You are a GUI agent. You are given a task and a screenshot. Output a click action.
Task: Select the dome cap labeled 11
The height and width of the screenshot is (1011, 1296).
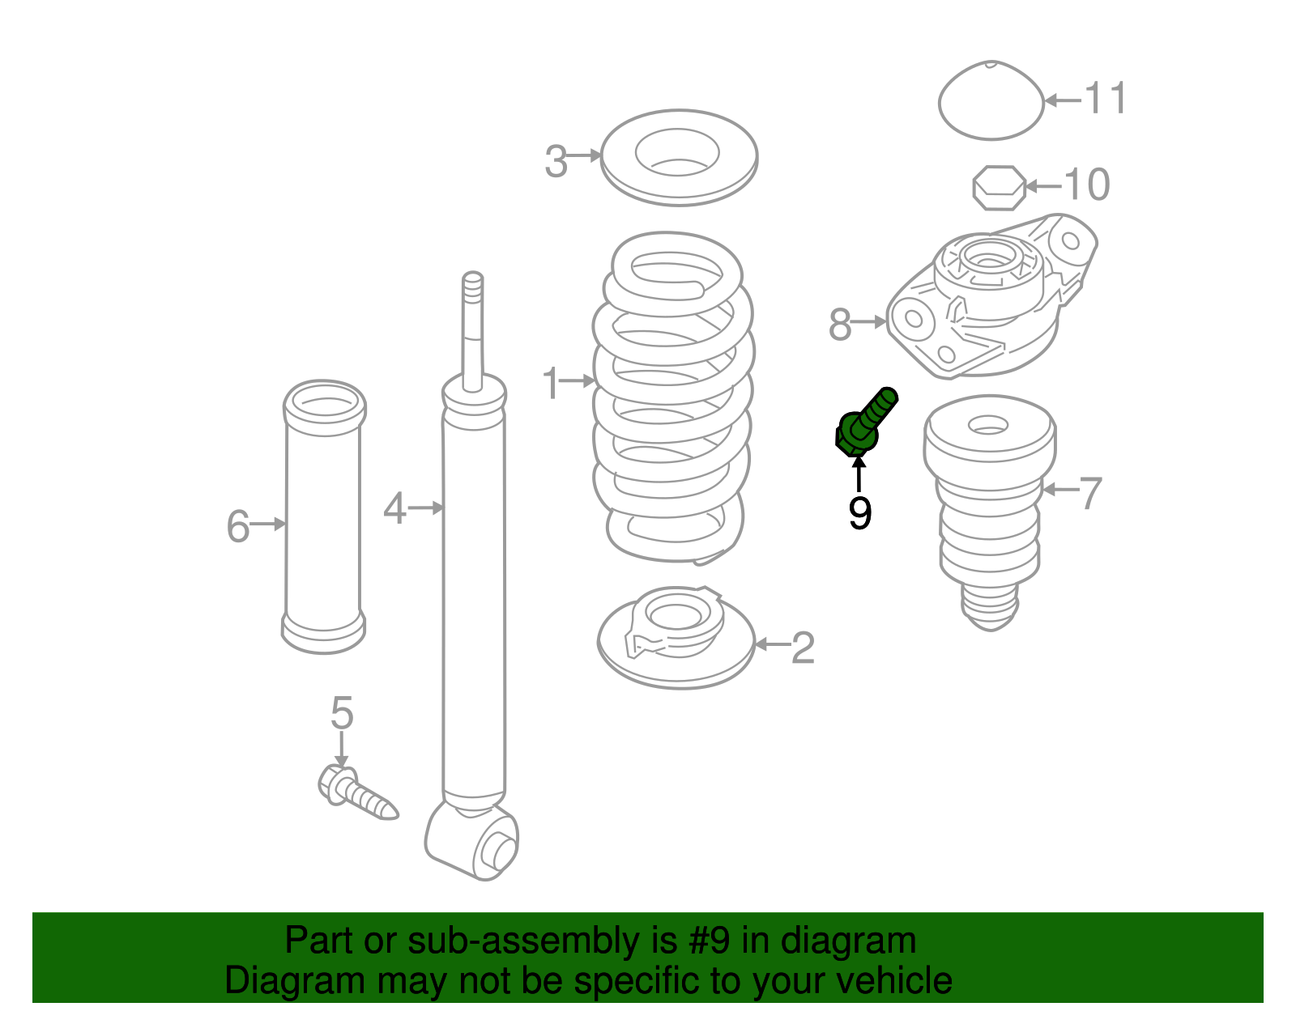click(991, 100)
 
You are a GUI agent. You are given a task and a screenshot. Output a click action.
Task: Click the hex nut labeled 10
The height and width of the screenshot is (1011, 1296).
click(999, 188)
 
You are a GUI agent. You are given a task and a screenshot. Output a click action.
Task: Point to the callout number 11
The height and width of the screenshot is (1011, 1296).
click(1105, 98)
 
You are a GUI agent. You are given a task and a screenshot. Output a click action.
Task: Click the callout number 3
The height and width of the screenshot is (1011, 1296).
click(556, 161)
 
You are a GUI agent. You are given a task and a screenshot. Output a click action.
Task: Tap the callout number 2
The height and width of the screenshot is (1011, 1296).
click(803, 648)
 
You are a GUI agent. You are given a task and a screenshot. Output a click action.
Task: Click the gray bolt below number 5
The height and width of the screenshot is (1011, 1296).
click(356, 793)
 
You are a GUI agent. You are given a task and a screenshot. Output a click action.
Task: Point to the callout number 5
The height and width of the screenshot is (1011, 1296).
click(342, 712)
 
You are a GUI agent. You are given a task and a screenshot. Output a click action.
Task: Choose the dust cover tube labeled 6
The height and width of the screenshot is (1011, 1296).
click(324, 517)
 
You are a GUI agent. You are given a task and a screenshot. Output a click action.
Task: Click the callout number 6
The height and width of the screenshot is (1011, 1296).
click(238, 527)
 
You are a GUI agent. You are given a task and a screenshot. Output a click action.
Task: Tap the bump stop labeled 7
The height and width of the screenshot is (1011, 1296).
click(990, 512)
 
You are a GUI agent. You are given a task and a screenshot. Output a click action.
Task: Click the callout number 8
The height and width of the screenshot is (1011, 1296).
click(840, 325)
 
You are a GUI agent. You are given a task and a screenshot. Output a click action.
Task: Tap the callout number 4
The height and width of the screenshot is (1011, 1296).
click(394, 509)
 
